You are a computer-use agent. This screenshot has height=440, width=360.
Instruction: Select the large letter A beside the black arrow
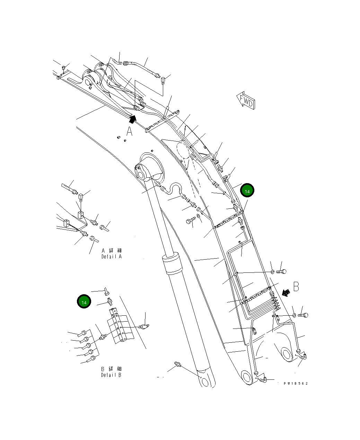point(129,132)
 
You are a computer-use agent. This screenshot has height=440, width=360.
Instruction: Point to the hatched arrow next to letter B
point(286,293)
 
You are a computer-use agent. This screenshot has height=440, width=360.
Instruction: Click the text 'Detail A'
point(112,257)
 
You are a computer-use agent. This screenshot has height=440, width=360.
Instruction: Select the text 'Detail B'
point(111,375)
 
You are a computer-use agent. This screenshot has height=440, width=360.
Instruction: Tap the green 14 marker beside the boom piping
point(247,190)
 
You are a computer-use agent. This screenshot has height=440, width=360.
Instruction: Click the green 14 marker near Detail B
point(84,302)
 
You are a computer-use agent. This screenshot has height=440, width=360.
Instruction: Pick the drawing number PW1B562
point(296,383)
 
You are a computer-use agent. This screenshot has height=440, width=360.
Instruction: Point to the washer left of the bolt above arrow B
point(273,272)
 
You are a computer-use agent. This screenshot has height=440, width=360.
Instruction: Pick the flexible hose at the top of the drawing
point(142,68)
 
